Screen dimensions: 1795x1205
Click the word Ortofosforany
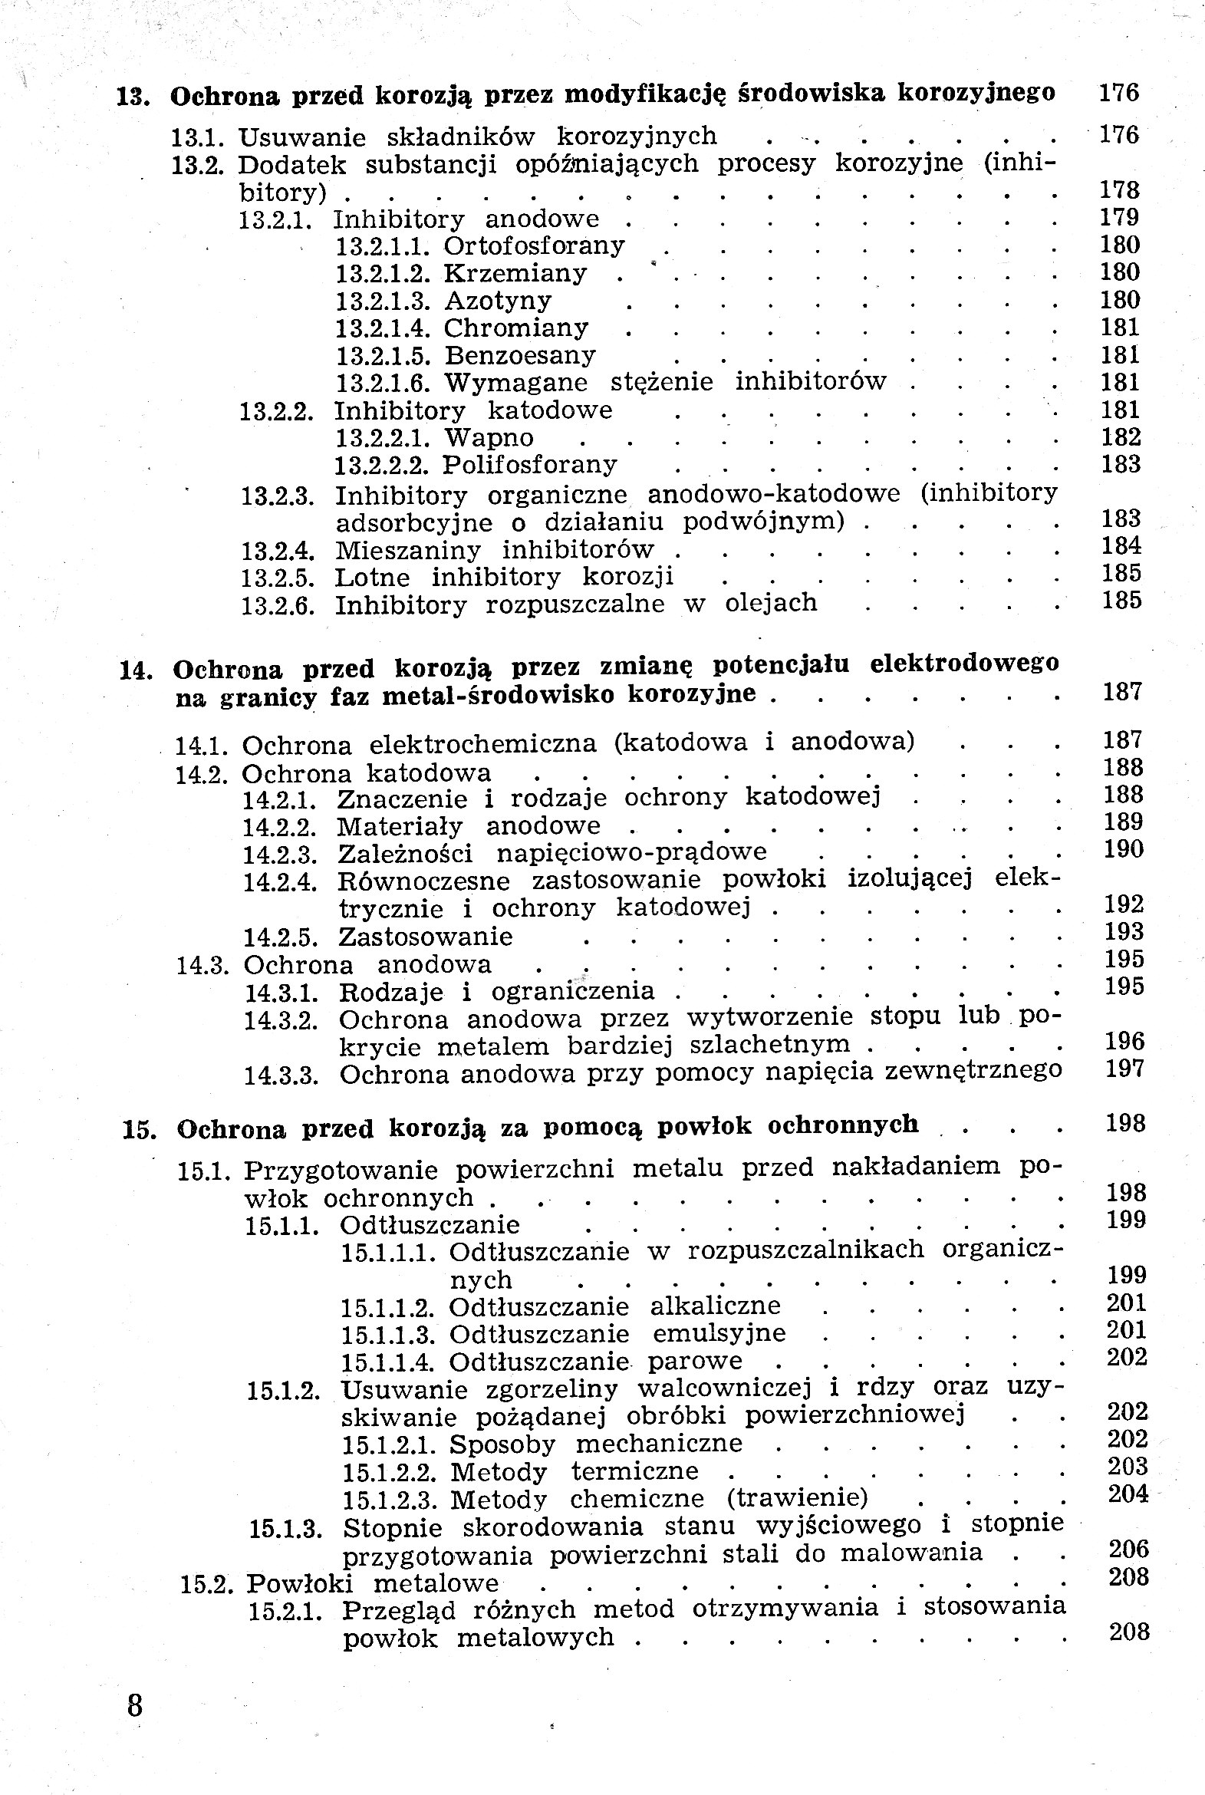coord(534,246)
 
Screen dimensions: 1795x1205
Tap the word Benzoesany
coord(520,356)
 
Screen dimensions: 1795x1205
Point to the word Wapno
coord(489,438)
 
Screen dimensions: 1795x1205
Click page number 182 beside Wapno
coord(1120,437)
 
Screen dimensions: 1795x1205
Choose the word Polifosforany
coord(530,465)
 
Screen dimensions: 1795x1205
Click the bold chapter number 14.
coord(133,670)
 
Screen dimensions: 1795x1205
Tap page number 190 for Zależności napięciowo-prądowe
coord(1123,849)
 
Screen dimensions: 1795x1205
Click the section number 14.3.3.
coord(281,1075)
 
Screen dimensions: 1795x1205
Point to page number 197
coord(1124,1069)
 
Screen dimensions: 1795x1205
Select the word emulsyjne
coord(719,1332)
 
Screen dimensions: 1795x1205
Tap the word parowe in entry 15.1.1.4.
coord(695,1361)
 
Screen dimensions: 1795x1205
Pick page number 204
coord(1128,1494)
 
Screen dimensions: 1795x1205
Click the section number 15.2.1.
coord(285,1612)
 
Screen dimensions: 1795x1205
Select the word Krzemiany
coord(515,274)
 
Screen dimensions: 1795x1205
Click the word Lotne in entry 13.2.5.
coord(372,576)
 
